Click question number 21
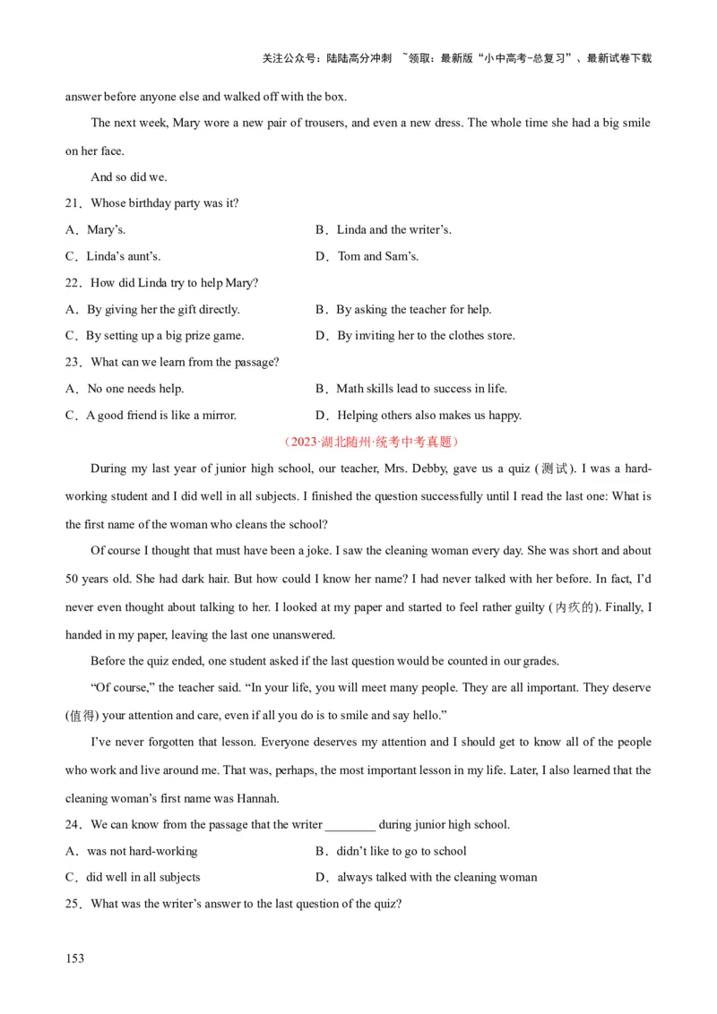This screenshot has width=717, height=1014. [x=73, y=203]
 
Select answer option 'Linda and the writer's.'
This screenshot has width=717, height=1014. [x=393, y=230]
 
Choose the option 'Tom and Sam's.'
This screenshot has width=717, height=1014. [x=377, y=256]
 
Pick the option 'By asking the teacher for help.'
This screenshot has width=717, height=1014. [x=413, y=310]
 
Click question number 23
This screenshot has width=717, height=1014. [x=73, y=363]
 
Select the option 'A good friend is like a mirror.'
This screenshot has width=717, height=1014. [x=161, y=416]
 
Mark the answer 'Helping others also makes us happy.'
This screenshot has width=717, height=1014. [x=428, y=416]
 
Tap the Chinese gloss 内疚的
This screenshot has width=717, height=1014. [x=574, y=607]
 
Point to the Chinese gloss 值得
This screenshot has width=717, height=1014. [x=82, y=716]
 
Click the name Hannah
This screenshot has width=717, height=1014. [x=257, y=798]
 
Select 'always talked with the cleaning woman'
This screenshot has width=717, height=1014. [x=436, y=878]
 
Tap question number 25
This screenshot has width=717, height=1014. [x=73, y=904]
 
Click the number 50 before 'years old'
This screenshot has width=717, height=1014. [x=73, y=579]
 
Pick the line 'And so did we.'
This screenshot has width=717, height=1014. [x=129, y=177]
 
